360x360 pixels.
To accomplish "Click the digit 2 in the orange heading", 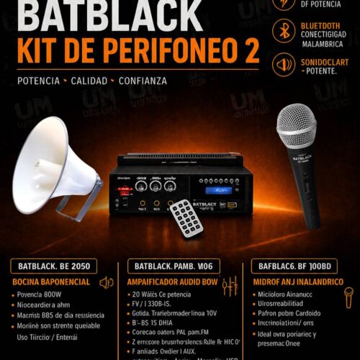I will [x=248, y=51].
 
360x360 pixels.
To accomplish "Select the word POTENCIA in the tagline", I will [x=33, y=81].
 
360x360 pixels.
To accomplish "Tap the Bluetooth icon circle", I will [x=283, y=30].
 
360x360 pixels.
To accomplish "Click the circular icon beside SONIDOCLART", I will [x=283, y=67].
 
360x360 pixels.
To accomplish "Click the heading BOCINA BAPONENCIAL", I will [x=50, y=282].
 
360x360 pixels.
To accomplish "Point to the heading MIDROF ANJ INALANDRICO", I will [x=296, y=282].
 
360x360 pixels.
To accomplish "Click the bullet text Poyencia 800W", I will [x=40, y=294].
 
